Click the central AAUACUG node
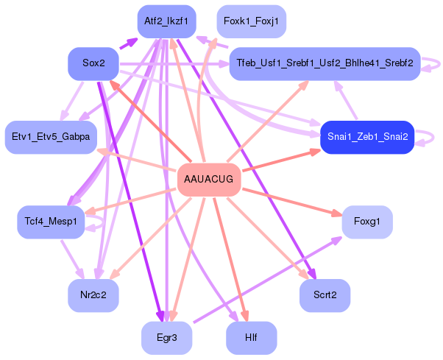tap(210, 180)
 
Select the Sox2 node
tap(93, 64)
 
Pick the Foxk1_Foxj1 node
tap(251, 21)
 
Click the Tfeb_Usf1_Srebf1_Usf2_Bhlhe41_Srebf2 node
tap(325, 64)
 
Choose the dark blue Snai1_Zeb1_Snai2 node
tap(367, 137)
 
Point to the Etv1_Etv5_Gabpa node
tap(51, 137)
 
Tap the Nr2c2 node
tap(93, 295)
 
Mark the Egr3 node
tap(167, 338)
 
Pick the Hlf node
tap(251, 338)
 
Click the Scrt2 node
tap(325, 295)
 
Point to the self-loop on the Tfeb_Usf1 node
tap(434, 64)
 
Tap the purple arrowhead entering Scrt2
tap(312, 275)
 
